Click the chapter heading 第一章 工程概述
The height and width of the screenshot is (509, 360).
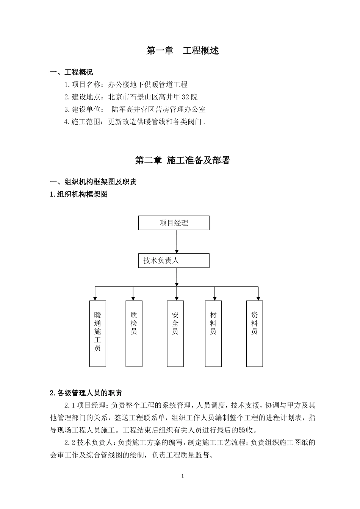pyautogui.click(x=183, y=51)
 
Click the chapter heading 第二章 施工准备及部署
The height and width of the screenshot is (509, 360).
pyautogui.click(x=183, y=161)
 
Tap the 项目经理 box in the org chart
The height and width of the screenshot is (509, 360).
pyautogui.click(x=174, y=223)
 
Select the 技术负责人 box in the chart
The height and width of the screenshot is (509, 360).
pyautogui.click(x=174, y=261)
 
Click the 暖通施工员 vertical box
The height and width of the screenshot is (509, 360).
pyautogui.click(x=97, y=334)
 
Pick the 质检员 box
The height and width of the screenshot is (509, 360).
pyautogui.click(x=134, y=334)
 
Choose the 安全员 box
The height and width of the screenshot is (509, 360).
pyautogui.click(x=175, y=334)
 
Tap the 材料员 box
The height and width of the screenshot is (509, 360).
pyautogui.click(x=213, y=334)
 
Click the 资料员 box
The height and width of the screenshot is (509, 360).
pyautogui.click(x=254, y=334)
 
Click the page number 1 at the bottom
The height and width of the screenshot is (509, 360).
pyautogui.click(x=183, y=476)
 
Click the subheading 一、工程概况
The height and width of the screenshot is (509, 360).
pyautogui.click(x=72, y=72)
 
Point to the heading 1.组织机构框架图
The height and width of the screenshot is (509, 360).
pyautogui.click(x=79, y=195)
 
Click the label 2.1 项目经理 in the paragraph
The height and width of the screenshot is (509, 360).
pyautogui.click(x=86, y=406)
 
